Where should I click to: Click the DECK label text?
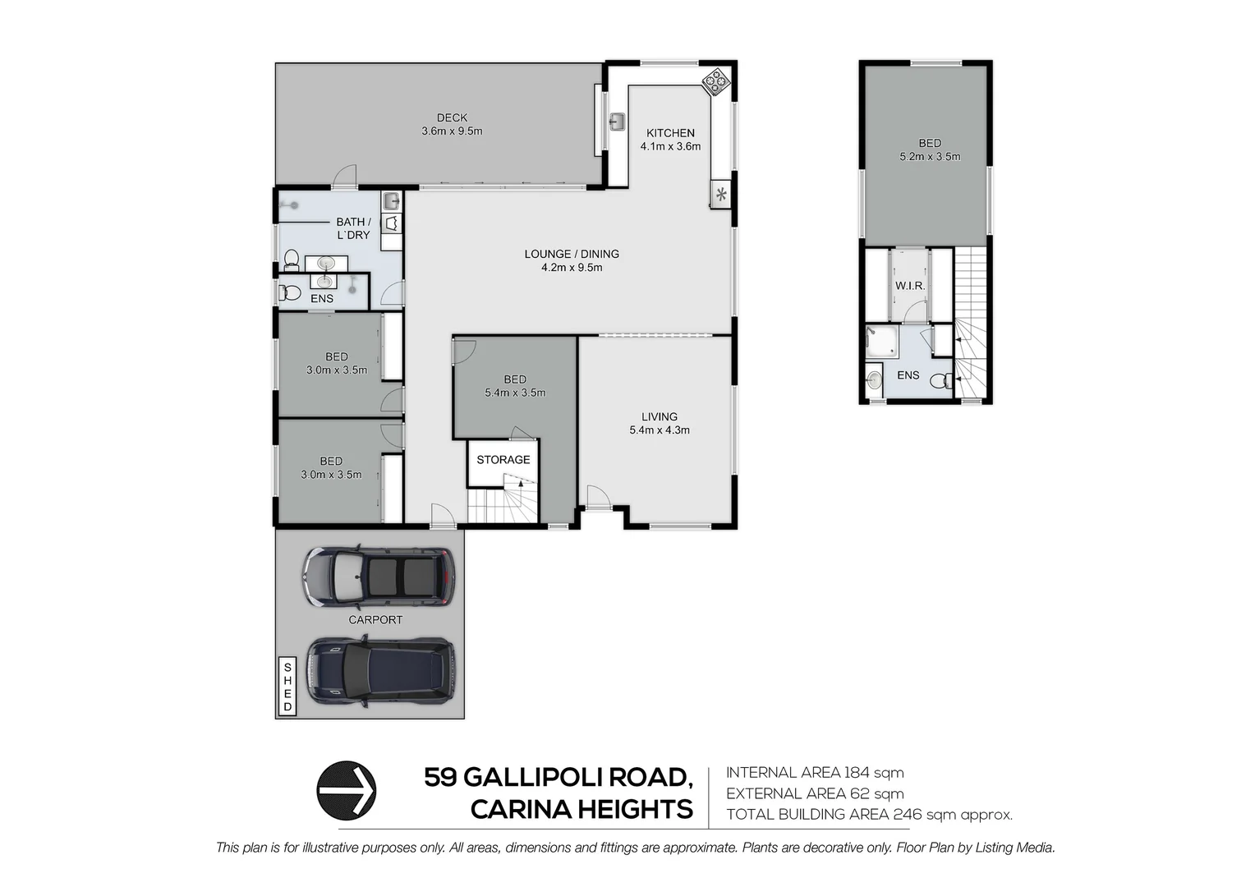coord(452,118)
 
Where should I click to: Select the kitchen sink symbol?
coord(617,122)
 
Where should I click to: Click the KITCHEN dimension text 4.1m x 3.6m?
coord(670,147)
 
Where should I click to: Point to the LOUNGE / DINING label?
coord(572,254)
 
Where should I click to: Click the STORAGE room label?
coord(503,460)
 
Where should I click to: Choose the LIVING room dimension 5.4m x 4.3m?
coord(660,430)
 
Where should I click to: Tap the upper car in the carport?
coord(378,576)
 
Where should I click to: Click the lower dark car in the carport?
coord(379,671)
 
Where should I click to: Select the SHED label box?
coord(287,687)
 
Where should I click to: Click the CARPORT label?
coord(375,620)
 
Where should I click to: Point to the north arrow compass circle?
coord(347,790)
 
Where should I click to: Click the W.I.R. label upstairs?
coord(910,286)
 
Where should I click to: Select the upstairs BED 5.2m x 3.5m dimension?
coord(930,157)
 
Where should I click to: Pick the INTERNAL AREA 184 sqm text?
coord(815,773)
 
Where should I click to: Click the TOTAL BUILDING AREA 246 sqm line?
coord(869,815)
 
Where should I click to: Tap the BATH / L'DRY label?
coord(353,228)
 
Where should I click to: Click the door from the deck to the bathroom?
coord(346,177)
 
